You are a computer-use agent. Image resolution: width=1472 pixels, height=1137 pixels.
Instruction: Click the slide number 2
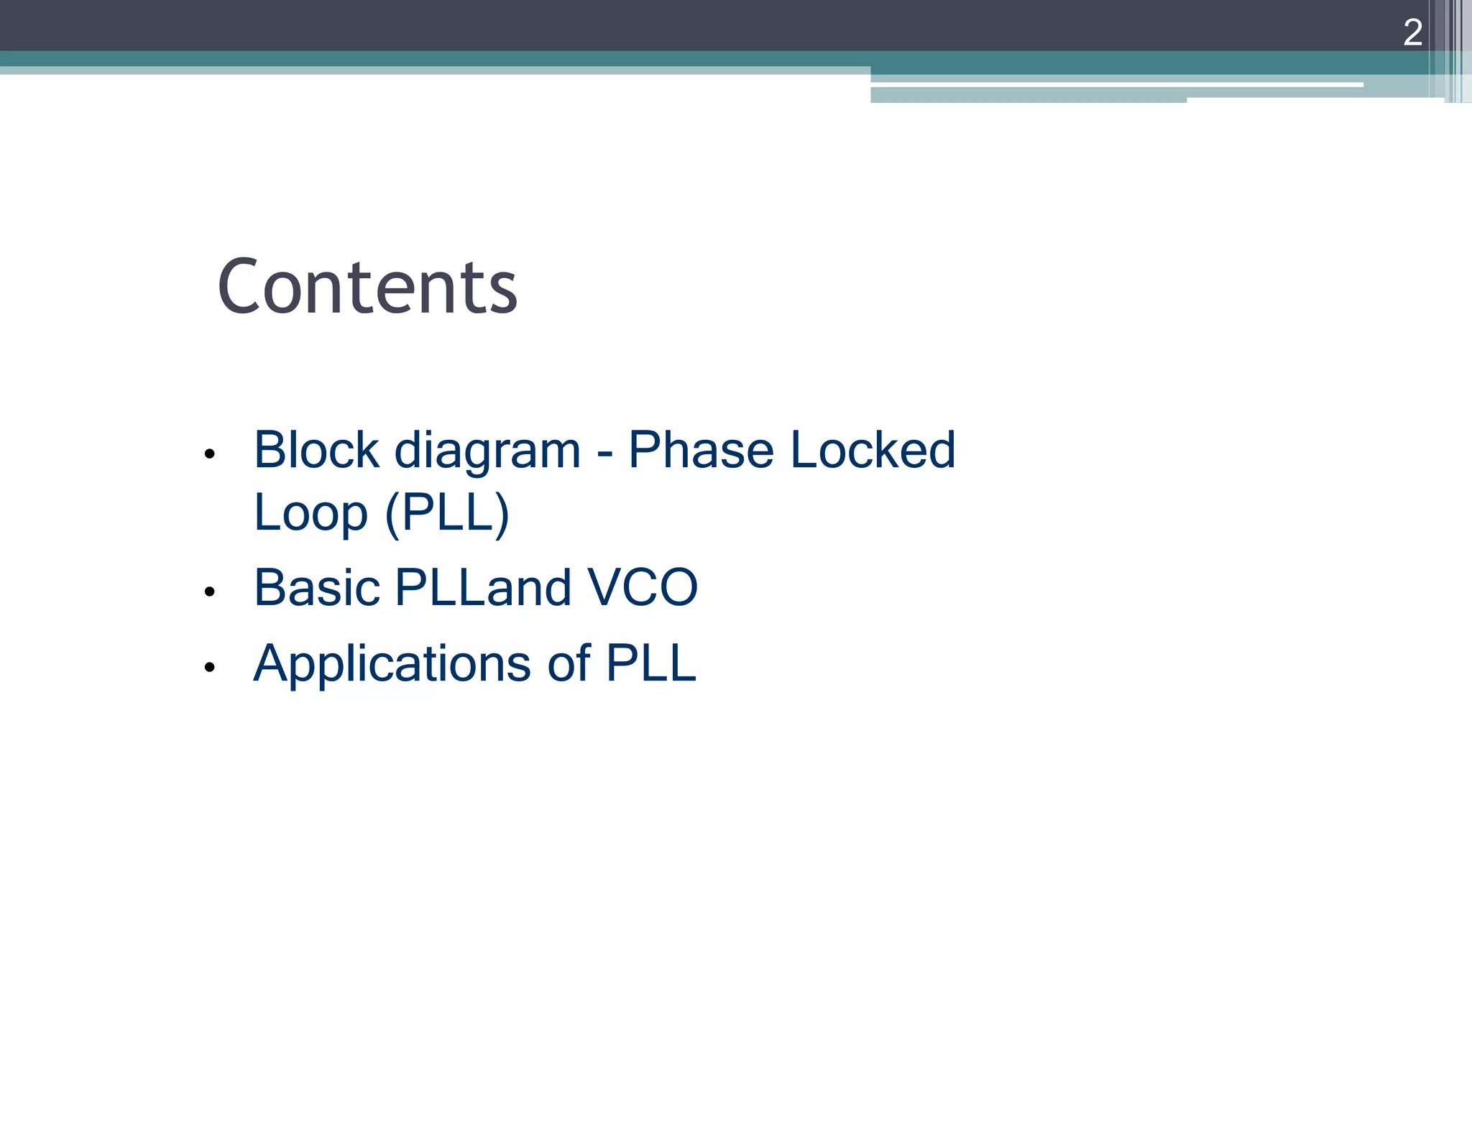(x=1412, y=32)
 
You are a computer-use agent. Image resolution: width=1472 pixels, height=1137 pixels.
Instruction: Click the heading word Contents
(x=367, y=287)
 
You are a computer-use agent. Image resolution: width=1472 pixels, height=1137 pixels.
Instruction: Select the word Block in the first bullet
(x=316, y=451)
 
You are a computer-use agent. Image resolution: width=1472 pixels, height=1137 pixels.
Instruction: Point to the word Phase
(x=701, y=451)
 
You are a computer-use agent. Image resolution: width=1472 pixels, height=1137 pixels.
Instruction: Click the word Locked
(x=873, y=451)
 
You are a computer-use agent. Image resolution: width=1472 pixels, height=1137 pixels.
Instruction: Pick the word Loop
(x=310, y=514)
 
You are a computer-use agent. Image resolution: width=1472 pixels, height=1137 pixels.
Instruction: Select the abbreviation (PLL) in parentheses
(x=447, y=514)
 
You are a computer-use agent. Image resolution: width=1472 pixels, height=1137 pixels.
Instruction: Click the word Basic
(x=316, y=588)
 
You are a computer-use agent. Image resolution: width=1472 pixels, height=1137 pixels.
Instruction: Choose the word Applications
(x=392, y=664)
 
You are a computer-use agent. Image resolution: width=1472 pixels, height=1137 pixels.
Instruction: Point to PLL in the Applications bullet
(x=650, y=663)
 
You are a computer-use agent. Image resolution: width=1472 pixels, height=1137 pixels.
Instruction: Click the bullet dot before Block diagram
(x=209, y=454)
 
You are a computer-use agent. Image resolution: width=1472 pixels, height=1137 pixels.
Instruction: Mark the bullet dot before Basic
(x=209, y=592)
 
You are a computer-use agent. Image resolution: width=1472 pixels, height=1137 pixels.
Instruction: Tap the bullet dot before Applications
(x=209, y=668)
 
